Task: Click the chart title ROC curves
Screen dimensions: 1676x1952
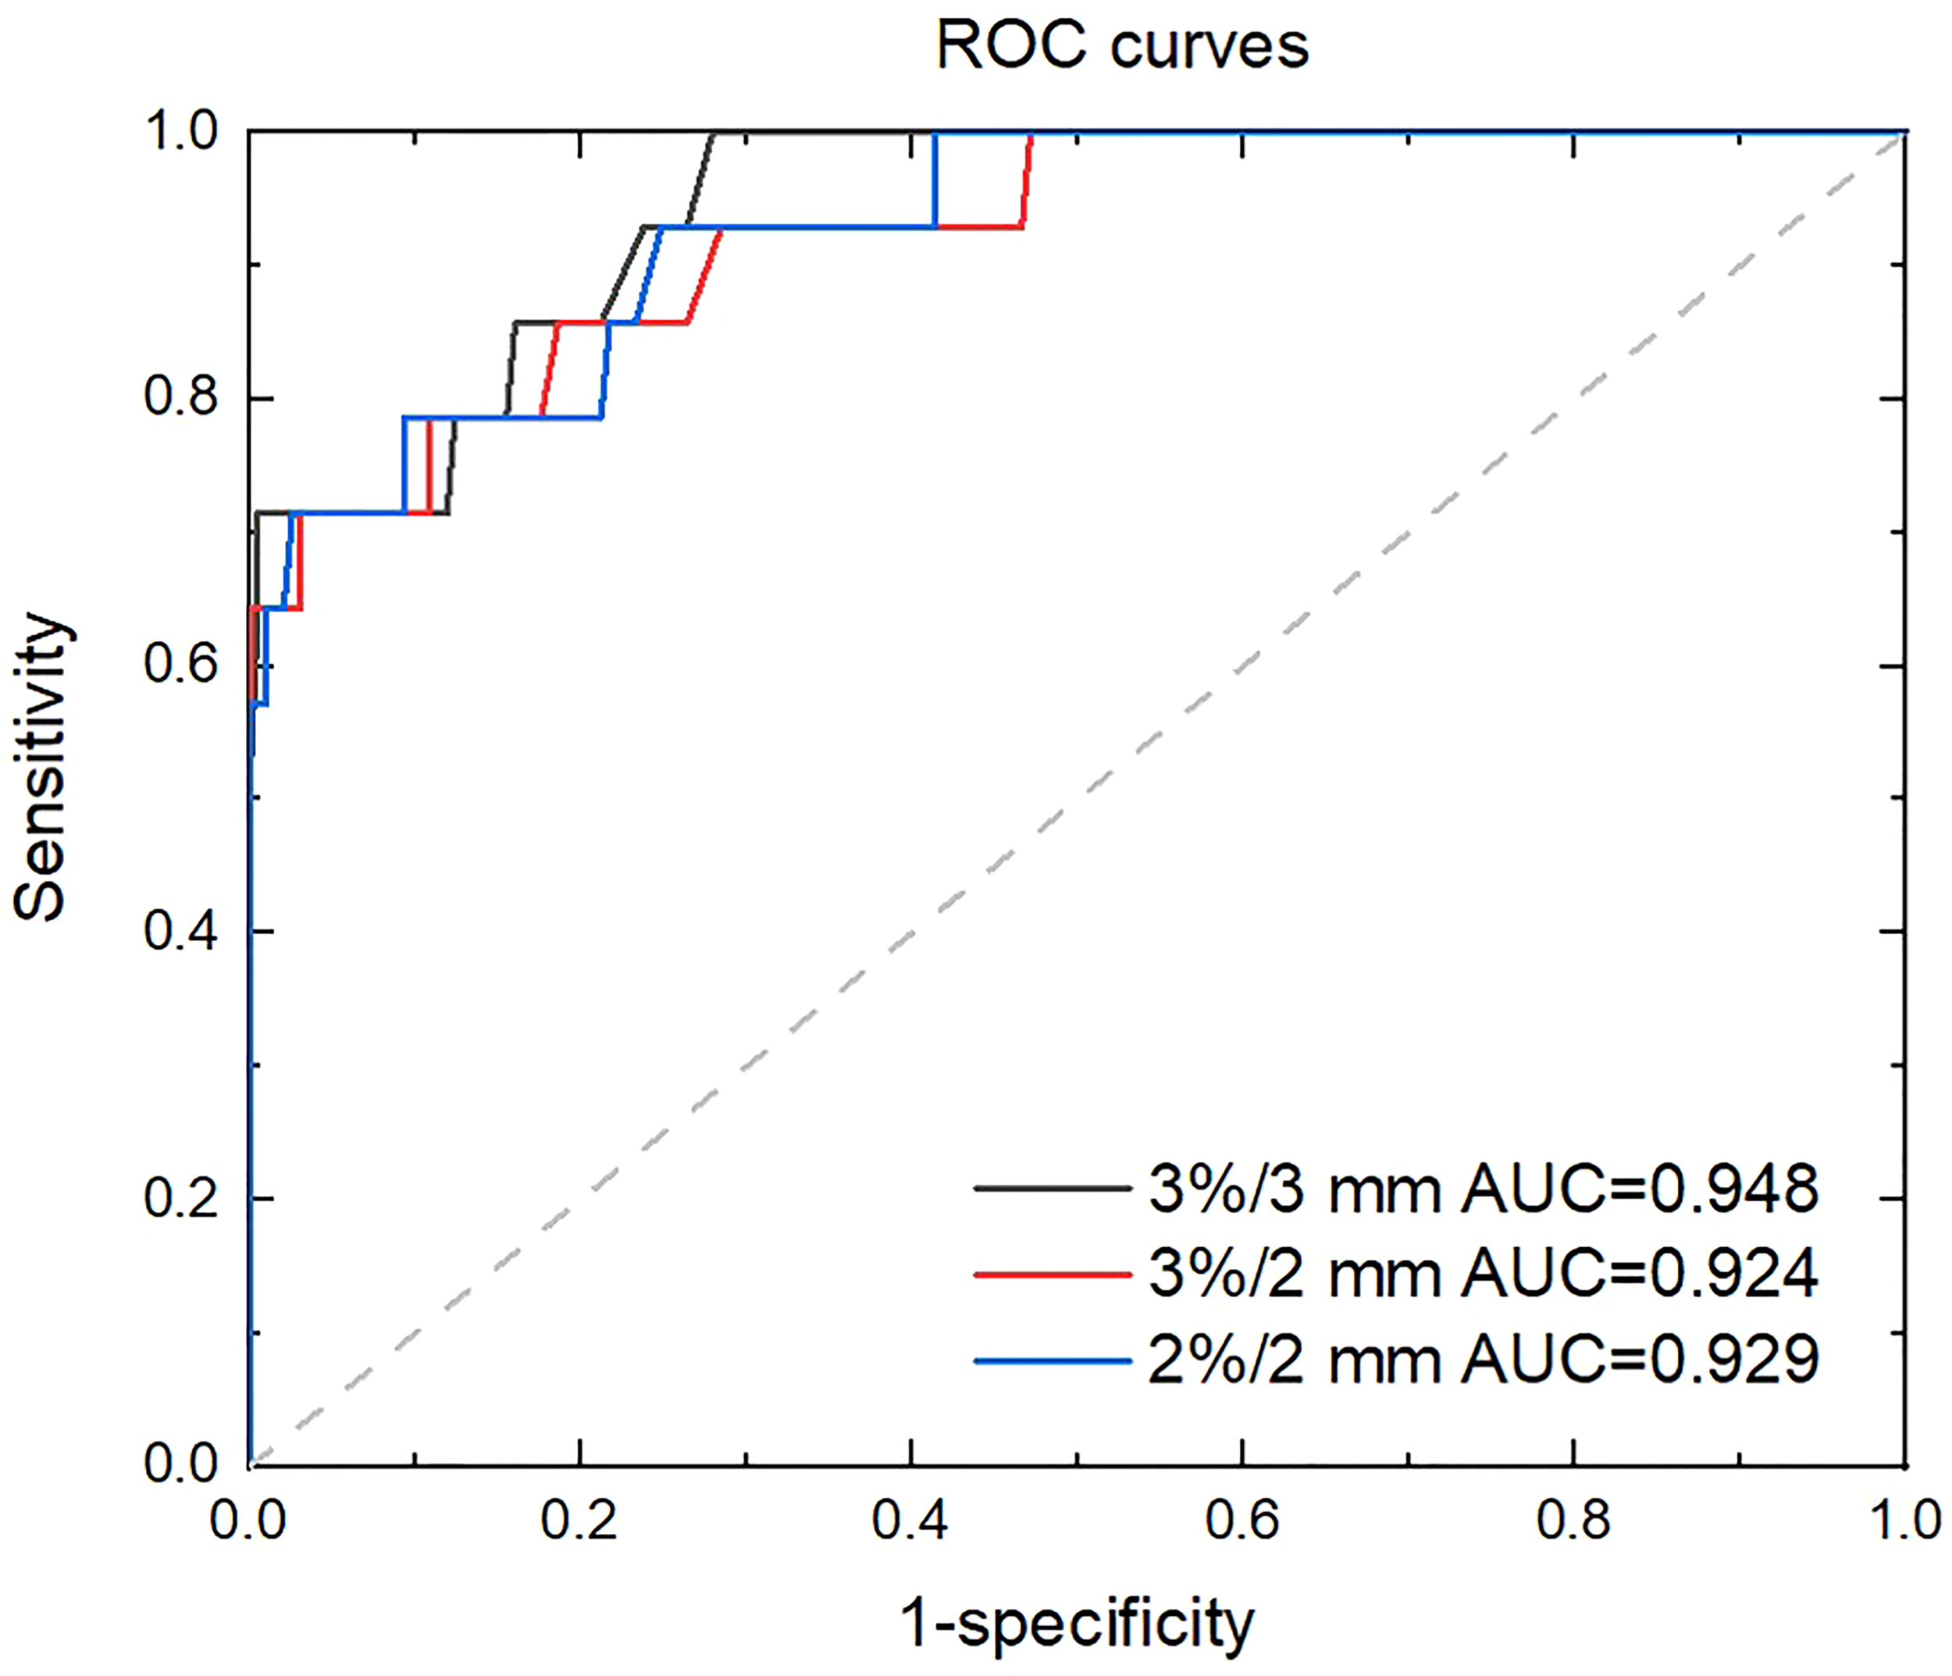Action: (1122, 45)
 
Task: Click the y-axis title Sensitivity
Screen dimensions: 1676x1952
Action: (42, 767)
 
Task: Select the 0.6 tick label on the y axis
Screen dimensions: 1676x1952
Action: (181, 664)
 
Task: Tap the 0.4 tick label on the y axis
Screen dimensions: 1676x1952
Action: (181, 931)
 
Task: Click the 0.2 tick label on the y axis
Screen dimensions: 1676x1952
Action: (181, 1197)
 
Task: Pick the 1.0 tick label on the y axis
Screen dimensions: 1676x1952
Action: (181, 131)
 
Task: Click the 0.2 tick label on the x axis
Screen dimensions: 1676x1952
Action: (579, 1521)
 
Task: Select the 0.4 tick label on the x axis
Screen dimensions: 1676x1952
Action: (911, 1521)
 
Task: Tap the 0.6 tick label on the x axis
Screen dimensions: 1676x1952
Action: (1242, 1521)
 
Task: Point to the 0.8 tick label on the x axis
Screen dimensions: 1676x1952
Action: (1573, 1521)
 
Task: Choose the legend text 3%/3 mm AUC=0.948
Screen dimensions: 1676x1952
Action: (1483, 1189)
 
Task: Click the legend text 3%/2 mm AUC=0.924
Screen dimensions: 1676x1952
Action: (1483, 1274)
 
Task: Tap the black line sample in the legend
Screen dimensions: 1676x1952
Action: (1053, 1189)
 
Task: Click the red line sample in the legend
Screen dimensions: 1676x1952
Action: (1053, 1275)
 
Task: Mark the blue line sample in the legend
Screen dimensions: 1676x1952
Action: (1053, 1360)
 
